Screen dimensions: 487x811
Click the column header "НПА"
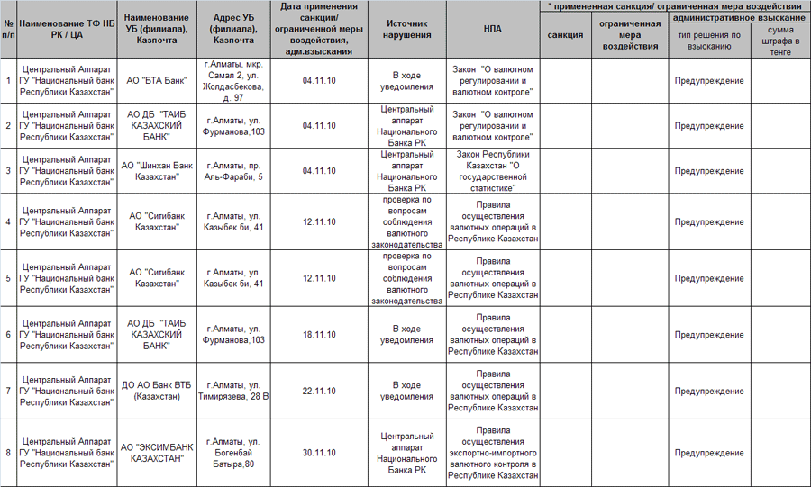pyautogui.click(x=492, y=29)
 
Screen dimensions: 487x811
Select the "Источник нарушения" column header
pyautogui.click(x=406, y=29)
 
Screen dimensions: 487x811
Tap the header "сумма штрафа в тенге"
pyautogui.click(x=779, y=41)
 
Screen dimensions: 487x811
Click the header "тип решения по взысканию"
pyautogui.click(x=709, y=41)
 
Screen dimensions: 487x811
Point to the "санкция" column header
pyautogui.click(x=565, y=35)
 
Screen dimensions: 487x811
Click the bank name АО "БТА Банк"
pyautogui.click(x=158, y=80)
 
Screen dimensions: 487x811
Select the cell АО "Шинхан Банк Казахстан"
pyautogui.click(x=158, y=170)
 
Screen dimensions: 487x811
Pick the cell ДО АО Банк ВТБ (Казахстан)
pyautogui.click(x=158, y=391)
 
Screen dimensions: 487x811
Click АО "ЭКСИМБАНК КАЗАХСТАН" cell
pyautogui.click(x=158, y=453)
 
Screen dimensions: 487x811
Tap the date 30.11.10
pyautogui.click(x=319, y=453)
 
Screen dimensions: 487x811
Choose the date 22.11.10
pyautogui.click(x=319, y=391)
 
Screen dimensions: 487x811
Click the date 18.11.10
pyautogui.click(x=319, y=335)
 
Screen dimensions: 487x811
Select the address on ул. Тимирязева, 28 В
pyautogui.click(x=234, y=391)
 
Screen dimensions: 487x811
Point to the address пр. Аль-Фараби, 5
pyautogui.click(x=234, y=170)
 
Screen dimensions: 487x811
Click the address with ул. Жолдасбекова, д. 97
pyautogui.click(x=234, y=80)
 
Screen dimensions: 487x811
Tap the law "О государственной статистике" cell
pyautogui.click(x=492, y=170)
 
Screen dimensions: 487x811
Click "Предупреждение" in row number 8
pyautogui.click(x=709, y=453)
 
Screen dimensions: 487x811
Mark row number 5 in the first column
pyautogui.click(x=8, y=278)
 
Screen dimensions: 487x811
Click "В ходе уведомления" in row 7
pyautogui.click(x=406, y=391)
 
